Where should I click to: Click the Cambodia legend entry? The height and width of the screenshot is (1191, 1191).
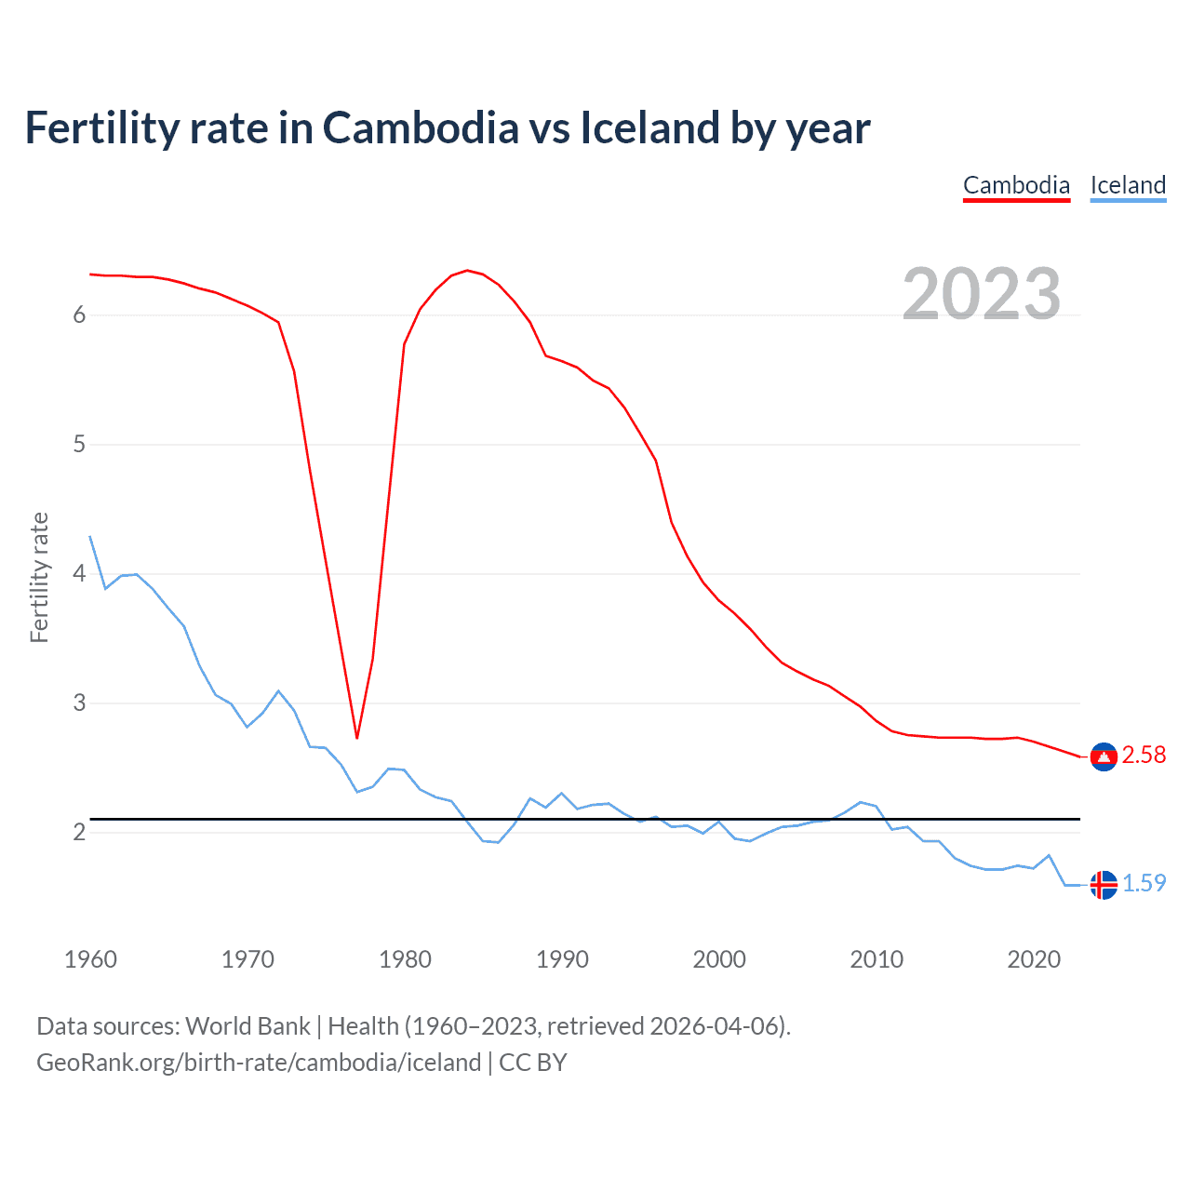(x=1016, y=185)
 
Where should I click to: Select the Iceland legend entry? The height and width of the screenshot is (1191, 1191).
(x=1128, y=185)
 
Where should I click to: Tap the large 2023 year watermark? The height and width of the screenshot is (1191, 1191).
(x=982, y=294)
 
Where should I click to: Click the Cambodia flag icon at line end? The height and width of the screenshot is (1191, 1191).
(x=1104, y=757)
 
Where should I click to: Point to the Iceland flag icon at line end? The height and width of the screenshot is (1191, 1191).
(x=1104, y=885)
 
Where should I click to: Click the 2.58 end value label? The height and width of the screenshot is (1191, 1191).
(x=1144, y=755)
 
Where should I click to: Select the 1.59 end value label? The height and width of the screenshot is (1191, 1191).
(x=1144, y=883)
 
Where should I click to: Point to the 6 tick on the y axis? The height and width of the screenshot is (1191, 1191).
(x=79, y=315)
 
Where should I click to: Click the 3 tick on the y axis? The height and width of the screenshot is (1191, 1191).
(x=79, y=703)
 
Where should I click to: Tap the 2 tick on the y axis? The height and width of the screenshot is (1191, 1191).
(x=79, y=833)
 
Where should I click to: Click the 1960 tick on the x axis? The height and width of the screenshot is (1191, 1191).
(x=90, y=959)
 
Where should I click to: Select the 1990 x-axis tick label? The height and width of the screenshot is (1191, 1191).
(x=562, y=959)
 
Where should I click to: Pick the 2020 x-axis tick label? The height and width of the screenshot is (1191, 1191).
(x=1034, y=959)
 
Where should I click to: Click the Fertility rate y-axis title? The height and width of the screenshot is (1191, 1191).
(x=39, y=577)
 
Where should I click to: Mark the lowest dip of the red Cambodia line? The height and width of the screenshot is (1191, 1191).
(x=356, y=738)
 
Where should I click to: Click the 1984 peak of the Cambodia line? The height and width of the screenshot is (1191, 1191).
(x=467, y=271)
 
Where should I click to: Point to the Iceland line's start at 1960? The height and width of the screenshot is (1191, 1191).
(x=90, y=537)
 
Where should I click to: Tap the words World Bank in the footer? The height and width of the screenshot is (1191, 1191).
(x=248, y=1026)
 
